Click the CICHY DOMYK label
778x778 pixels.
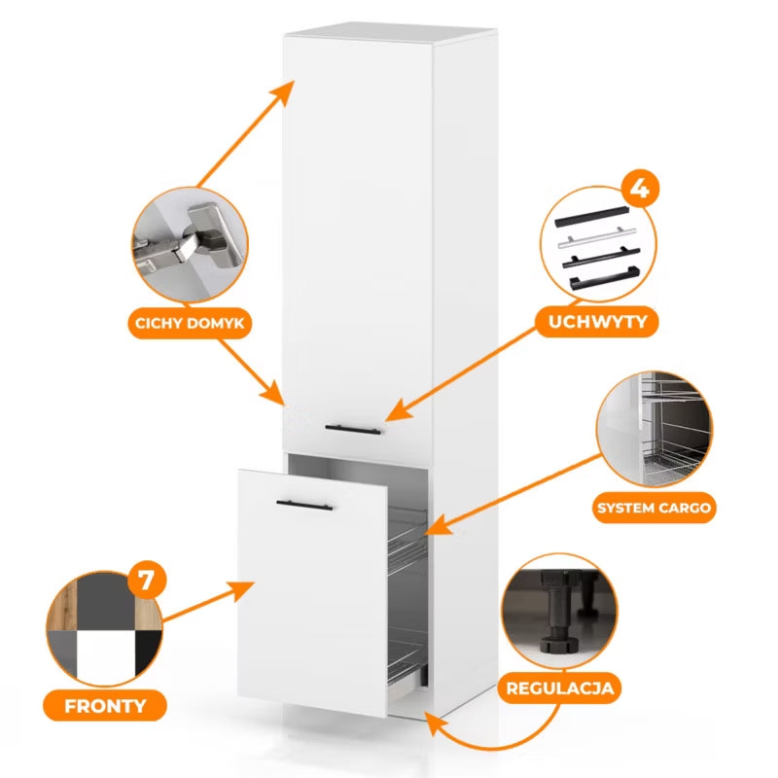pos(190,323)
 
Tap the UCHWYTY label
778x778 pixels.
pos(598,322)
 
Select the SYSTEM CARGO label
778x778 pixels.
pos(654,508)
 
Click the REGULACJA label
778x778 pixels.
pos(560,689)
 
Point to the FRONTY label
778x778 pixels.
pos(105,706)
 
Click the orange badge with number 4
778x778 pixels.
pos(640,189)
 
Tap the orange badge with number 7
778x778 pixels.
pos(146,580)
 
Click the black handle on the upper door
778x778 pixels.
pos(353,430)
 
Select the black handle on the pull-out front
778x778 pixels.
pos(304,506)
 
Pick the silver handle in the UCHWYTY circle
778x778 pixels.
pos(597,237)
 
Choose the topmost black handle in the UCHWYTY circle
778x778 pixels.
pos(591,217)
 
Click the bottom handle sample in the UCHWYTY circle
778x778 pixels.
pos(604,278)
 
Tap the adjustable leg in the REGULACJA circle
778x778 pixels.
pos(558,612)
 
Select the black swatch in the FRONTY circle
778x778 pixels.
pos(148,651)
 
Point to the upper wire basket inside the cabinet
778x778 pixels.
pos(407,542)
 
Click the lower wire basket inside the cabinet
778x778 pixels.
pos(407,660)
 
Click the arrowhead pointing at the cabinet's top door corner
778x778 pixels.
pos(283,92)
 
